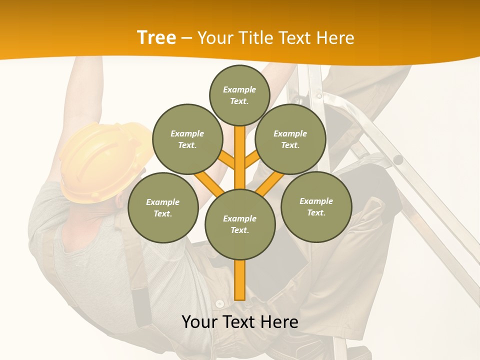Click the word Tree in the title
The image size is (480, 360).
(x=156, y=37)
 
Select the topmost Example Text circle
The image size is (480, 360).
(x=239, y=95)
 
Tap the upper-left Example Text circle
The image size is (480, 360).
(x=187, y=139)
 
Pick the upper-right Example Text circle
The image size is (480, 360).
(x=290, y=139)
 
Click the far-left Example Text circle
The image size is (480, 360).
(x=162, y=207)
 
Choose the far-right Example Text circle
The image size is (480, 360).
(x=316, y=206)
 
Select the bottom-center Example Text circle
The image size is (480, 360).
(x=240, y=224)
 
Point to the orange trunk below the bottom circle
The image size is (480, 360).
(x=240, y=280)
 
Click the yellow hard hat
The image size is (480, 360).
(x=100, y=160)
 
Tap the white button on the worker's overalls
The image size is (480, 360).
(x=219, y=303)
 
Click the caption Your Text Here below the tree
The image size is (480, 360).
(x=240, y=322)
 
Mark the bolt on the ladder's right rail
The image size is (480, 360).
(x=398, y=160)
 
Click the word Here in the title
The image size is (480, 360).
(x=336, y=38)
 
